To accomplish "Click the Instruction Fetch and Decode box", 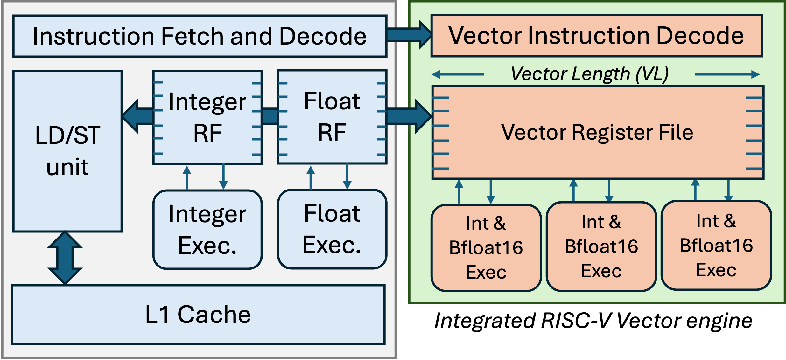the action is coord(200,36).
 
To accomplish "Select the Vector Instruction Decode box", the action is coord(597,36).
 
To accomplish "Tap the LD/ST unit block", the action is coord(67,151).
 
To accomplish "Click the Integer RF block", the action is coord(207,117).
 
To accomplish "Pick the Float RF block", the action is coord(332,117).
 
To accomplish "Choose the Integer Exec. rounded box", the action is coord(207,230).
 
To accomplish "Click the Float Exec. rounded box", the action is coord(332,229).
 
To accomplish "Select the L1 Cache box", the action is coord(198,315).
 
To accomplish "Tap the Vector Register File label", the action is coord(597,132).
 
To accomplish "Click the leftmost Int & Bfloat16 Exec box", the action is coord(486,248).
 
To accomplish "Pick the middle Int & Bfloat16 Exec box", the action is coord(601,246).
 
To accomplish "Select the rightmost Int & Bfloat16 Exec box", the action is coord(716,245).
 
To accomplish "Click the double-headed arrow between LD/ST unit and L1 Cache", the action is coord(65,258).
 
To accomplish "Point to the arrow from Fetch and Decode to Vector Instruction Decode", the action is coord(409,35).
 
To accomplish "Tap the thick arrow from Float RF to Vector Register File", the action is coord(409,116).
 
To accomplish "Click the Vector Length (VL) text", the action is coord(590,74).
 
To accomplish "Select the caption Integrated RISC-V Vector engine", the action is coord(593,320).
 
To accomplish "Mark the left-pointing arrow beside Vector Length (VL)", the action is coord(458,74).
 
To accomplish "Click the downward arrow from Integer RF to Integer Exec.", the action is coord(223,177).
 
